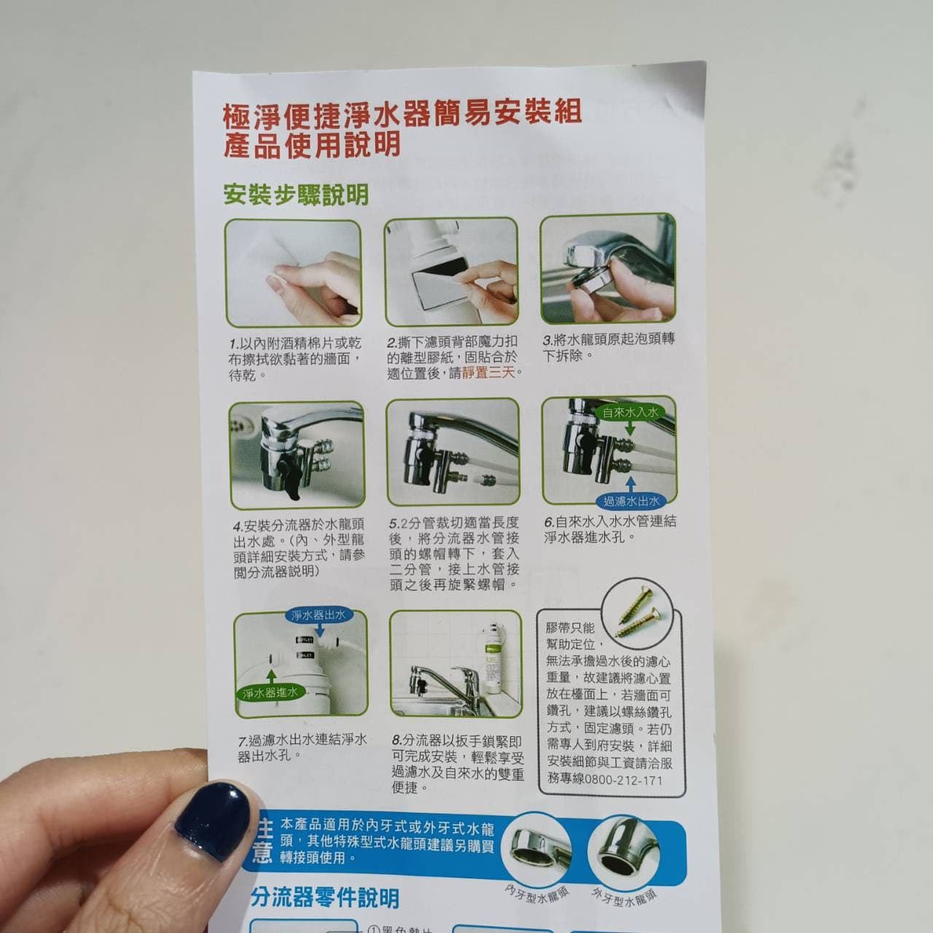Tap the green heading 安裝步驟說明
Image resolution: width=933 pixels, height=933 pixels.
point(296,195)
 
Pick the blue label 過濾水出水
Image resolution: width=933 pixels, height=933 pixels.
point(631,501)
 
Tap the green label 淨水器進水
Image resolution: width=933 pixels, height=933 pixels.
point(270,693)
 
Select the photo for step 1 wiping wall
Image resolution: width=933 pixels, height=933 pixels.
point(292,273)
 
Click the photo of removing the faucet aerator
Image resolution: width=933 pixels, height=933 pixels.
point(608,269)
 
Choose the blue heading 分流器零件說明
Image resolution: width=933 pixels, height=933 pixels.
point(325,898)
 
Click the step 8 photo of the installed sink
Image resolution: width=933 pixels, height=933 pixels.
point(456,664)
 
